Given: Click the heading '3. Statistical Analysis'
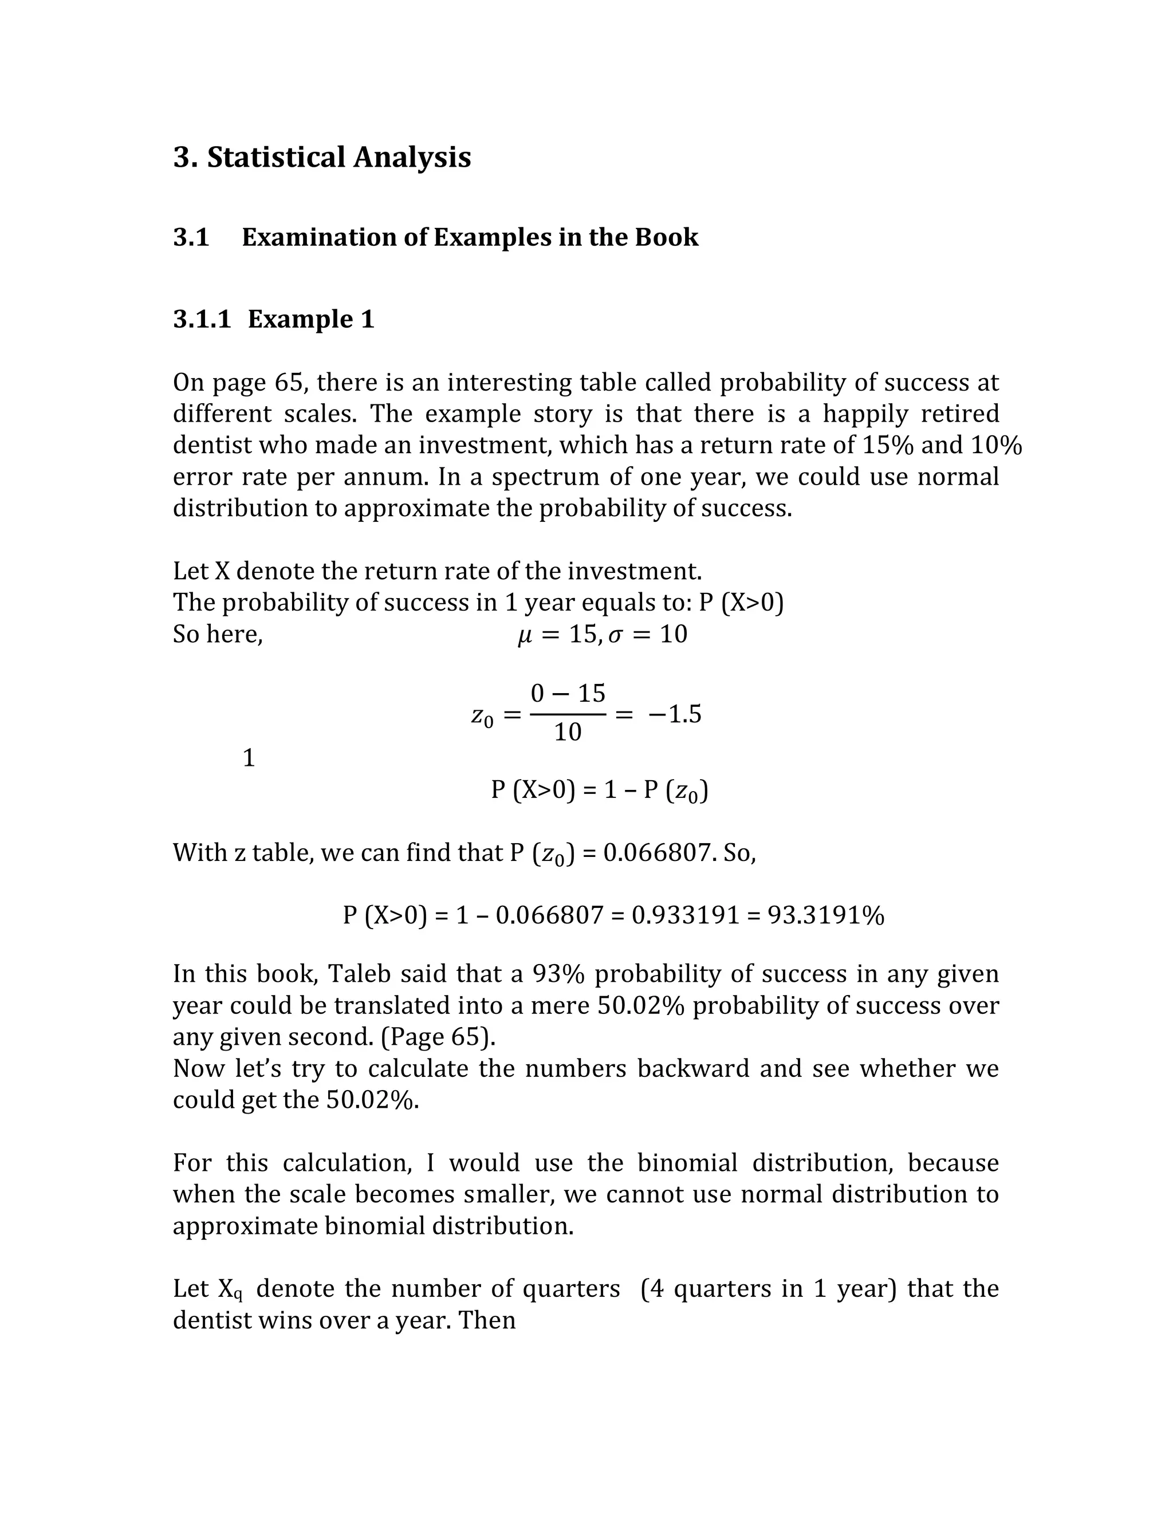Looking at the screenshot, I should (x=322, y=157).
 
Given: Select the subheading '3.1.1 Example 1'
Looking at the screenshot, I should (x=274, y=319).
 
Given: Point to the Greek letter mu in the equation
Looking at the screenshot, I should (x=525, y=635).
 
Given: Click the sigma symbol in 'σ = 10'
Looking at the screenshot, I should (x=615, y=635).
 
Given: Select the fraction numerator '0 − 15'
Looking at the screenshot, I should (x=568, y=693).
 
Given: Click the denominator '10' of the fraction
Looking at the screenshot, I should (x=568, y=732).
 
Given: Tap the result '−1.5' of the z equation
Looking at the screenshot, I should (x=674, y=714).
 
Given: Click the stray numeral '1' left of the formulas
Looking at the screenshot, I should (x=249, y=758).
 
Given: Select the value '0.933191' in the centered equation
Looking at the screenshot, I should (x=685, y=915).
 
